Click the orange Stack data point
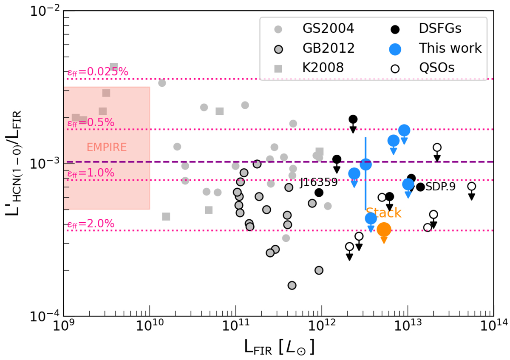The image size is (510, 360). click(x=384, y=230)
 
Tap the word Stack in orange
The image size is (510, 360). click(x=384, y=213)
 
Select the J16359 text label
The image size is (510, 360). click(x=319, y=183)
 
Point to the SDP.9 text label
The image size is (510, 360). click(x=441, y=187)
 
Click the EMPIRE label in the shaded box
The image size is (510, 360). click(x=107, y=147)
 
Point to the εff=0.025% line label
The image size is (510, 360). click(x=98, y=72)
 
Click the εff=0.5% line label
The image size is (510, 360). click(x=91, y=122)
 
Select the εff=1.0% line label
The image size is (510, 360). click(x=91, y=173)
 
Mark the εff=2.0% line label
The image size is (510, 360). click(x=91, y=224)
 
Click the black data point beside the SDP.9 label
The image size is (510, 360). click(x=420, y=187)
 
